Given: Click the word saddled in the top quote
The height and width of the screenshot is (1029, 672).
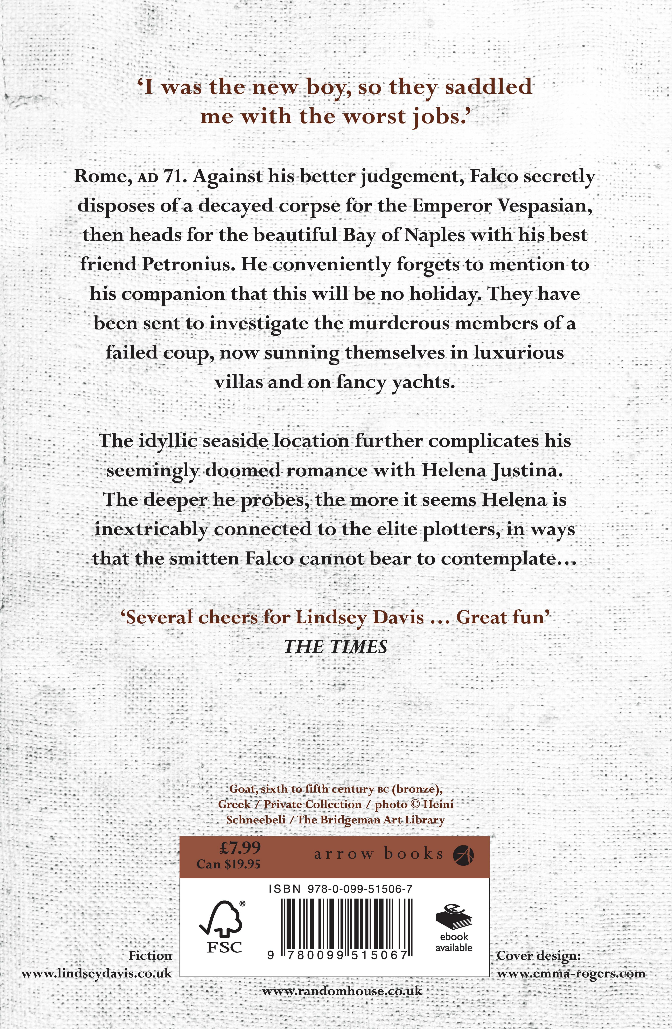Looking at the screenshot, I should [x=489, y=87].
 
